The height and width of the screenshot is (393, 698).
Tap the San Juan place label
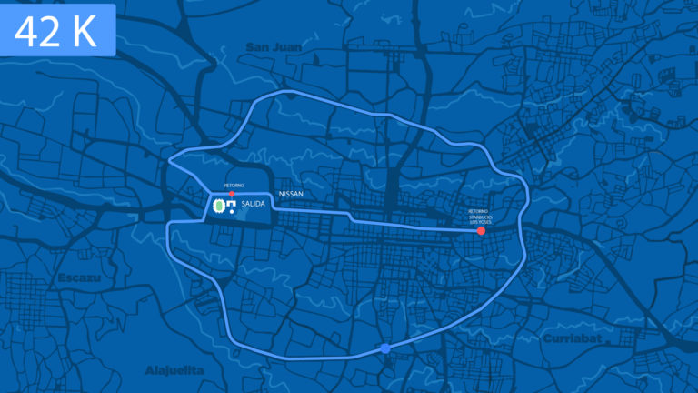click(x=273, y=46)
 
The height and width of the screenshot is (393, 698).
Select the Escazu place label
click(x=77, y=277)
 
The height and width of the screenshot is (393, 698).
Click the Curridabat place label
click(x=573, y=338)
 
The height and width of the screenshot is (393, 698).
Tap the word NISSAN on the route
click(x=291, y=195)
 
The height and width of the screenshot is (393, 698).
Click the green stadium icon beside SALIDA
click(x=218, y=207)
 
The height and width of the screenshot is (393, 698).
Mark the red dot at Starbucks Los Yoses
click(x=481, y=231)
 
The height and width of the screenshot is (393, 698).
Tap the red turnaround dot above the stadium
click(x=232, y=194)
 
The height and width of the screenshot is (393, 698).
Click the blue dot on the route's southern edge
click(x=385, y=348)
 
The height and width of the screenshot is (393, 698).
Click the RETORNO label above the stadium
click(x=234, y=186)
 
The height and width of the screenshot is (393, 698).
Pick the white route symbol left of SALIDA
click(x=233, y=207)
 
